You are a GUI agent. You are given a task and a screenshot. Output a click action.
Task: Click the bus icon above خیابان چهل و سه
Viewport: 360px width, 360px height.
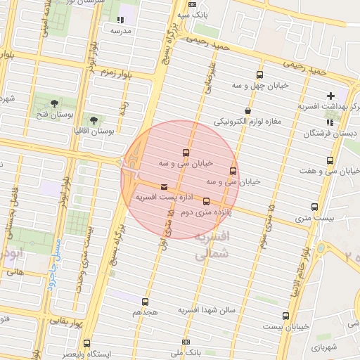[260, 75]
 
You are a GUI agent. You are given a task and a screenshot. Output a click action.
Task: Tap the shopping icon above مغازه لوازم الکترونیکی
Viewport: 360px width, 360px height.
[247, 110]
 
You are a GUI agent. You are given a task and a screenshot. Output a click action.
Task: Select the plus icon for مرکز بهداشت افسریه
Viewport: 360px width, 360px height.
[330, 96]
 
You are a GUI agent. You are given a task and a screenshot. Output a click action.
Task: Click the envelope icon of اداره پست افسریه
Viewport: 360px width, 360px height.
[165, 187]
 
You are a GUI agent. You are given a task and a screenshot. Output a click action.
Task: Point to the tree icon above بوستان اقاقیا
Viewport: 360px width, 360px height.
[94, 120]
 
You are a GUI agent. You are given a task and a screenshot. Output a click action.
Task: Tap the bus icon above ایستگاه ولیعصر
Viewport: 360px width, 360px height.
[86, 343]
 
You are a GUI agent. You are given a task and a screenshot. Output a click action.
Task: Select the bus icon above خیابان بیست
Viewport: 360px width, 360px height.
[285, 316]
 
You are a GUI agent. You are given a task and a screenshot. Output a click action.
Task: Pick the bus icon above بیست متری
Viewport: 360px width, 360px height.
[314, 207]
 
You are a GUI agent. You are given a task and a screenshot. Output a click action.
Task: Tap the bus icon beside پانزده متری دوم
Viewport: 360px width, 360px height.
[205, 201]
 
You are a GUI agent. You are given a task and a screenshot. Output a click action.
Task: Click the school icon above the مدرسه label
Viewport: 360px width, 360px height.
[120, 20]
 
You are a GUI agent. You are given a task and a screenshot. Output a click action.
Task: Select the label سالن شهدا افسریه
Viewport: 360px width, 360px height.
[210, 310]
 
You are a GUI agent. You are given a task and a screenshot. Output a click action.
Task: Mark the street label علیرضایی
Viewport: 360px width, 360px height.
[209, 78]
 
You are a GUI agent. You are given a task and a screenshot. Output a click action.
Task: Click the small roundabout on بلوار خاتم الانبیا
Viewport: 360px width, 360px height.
[322, 249]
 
